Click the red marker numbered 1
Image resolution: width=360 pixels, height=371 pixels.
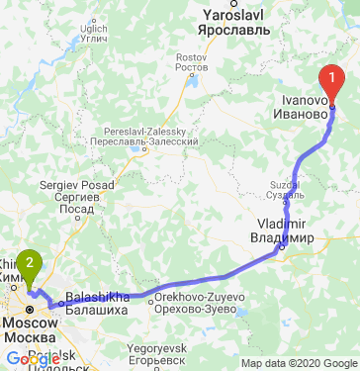pyautogui.click(x=332, y=82)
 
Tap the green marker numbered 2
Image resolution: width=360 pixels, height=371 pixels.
pyautogui.click(x=31, y=264)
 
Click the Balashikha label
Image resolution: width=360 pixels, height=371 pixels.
pyautogui.click(x=97, y=298)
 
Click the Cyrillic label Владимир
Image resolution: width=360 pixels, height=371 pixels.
pyautogui.click(x=282, y=238)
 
